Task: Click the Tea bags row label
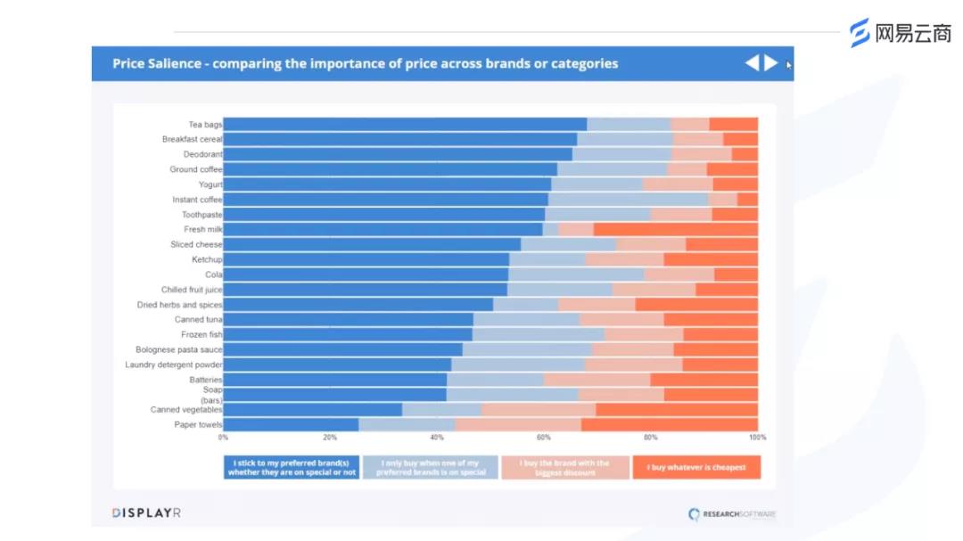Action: [x=204, y=125]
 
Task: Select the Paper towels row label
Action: [x=198, y=424]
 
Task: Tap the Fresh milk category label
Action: [x=202, y=230]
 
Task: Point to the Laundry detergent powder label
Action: [x=173, y=365]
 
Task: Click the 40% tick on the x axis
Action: [x=436, y=438]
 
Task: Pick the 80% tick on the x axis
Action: [x=650, y=438]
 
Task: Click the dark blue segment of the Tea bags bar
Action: [x=405, y=125]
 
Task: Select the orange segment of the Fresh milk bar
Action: [x=675, y=230]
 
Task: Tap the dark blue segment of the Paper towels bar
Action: [x=291, y=424]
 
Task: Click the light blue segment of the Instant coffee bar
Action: [x=628, y=200]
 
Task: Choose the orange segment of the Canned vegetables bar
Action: [x=676, y=410]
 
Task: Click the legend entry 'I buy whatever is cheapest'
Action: [x=696, y=467]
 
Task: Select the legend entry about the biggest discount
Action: [x=565, y=467]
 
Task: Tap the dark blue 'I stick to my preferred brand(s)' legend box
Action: [x=292, y=467]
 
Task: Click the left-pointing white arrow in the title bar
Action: [x=752, y=63]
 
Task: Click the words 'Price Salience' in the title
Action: [x=157, y=64]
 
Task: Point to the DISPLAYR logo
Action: [x=146, y=512]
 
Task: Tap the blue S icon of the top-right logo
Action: [x=860, y=33]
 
